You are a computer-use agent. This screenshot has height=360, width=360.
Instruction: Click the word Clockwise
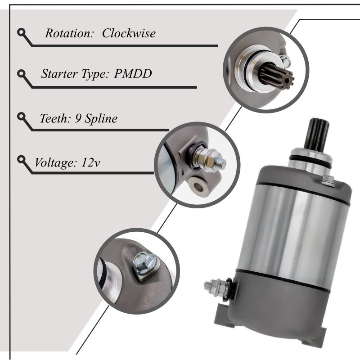pyautogui.click(x=129, y=33)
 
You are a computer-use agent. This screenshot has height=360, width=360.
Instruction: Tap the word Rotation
pyautogui.click(x=69, y=33)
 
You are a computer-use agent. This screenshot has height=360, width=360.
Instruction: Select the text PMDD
pyautogui.click(x=133, y=74)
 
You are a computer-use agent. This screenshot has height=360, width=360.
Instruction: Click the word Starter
pyautogui.click(x=59, y=74)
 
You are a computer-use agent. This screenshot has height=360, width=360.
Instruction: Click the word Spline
pyautogui.click(x=101, y=119)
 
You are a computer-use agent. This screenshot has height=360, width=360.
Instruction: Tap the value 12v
pyautogui.click(x=90, y=163)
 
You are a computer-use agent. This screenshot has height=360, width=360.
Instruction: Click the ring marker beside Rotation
pyautogui.click(x=22, y=32)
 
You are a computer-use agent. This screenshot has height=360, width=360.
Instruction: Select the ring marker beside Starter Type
pyautogui.click(x=22, y=74)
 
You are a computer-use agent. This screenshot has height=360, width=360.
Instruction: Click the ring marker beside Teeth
pyautogui.click(x=22, y=117)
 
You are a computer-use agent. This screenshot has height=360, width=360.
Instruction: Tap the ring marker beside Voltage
pyautogui.click(x=22, y=160)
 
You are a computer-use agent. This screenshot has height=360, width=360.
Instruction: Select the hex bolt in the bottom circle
pyautogui.click(x=144, y=263)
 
